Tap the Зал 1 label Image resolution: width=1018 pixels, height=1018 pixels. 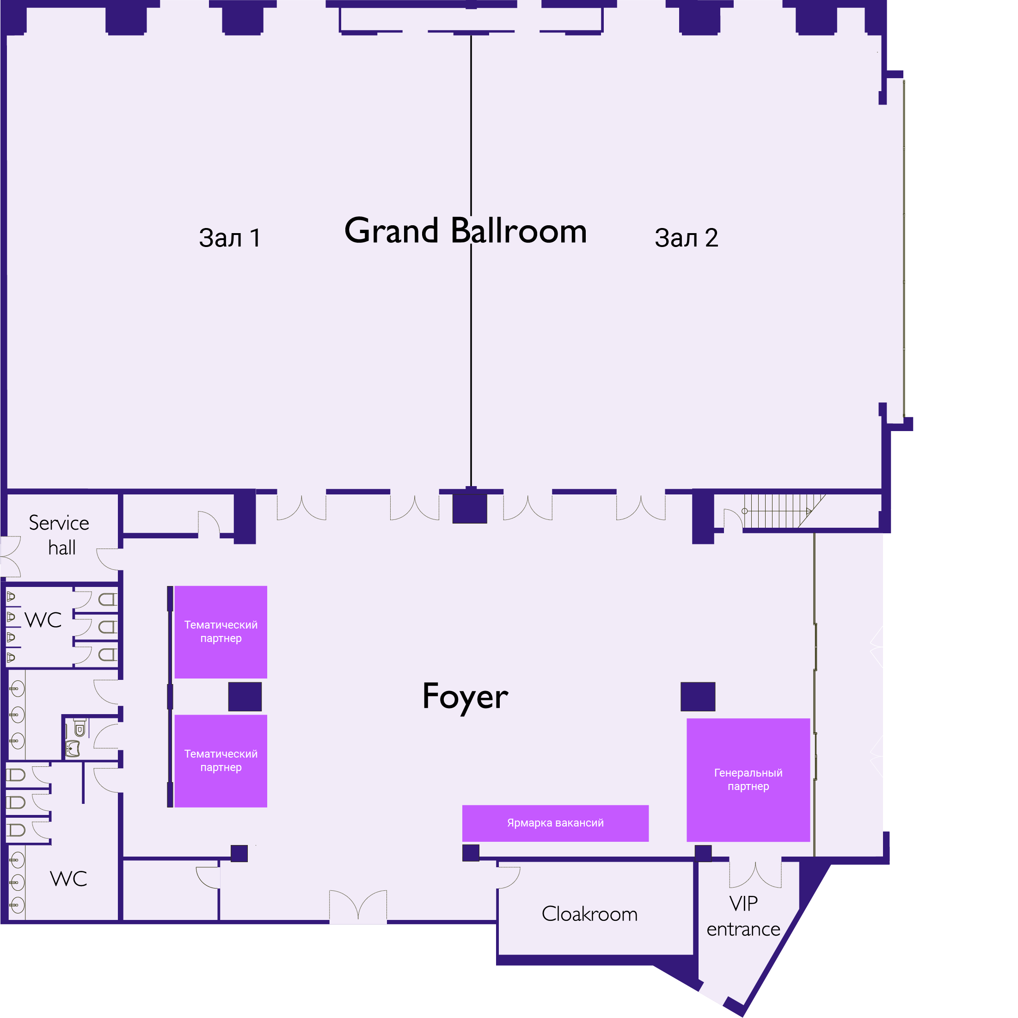tap(230, 238)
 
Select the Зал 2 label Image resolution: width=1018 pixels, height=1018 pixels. tap(686, 238)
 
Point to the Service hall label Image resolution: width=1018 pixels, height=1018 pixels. tap(59, 535)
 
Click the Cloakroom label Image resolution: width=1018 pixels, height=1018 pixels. tap(589, 913)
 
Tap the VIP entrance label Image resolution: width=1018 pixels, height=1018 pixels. tap(743, 916)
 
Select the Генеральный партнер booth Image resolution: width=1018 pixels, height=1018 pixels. tap(748, 780)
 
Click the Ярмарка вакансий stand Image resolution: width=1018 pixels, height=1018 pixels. tap(555, 823)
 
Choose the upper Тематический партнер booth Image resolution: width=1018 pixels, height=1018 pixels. tap(221, 632)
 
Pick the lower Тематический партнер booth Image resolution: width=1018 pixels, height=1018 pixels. tap(221, 761)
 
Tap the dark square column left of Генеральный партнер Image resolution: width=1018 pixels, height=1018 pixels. tap(698, 697)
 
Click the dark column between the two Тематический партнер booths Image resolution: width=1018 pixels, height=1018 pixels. tap(245, 697)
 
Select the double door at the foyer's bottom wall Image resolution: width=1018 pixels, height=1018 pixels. tap(358, 907)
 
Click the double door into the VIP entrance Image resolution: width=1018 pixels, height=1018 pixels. tap(755, 876)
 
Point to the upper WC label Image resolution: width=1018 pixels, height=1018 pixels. tap(43, 620)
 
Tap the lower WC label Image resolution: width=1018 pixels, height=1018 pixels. tap(68, 879)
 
